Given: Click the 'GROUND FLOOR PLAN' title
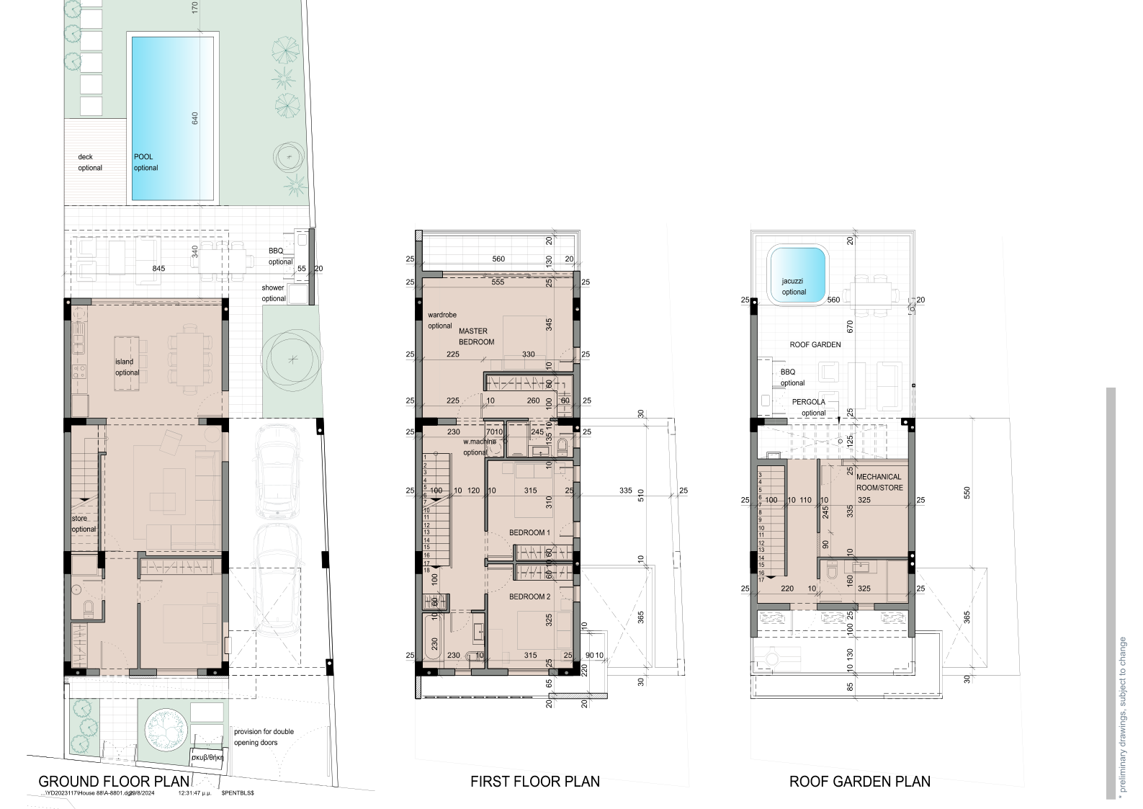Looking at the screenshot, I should click(x=114, y=781).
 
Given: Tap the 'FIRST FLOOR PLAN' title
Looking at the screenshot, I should click(x=534, y=781).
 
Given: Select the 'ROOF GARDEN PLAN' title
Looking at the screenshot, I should click(x=859, y=781).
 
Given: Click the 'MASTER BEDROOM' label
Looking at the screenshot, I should click(x=476, y=336).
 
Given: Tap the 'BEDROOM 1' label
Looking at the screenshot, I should click(x=529, y=532).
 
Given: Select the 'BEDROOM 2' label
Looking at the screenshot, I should click(x=529, y=596).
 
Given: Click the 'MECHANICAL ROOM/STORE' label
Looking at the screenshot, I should click(x=878, y=482).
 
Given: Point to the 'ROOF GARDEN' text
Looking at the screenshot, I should click(x=815, y=345).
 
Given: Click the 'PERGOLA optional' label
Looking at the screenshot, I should click(x=810, y=407).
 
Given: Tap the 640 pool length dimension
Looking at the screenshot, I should click(x=194, y=119).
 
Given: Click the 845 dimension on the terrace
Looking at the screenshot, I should click(x=158, y=269).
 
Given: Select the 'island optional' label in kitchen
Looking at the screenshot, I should click(x=127, y=367).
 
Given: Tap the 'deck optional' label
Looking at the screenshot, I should click(x=90, y=162).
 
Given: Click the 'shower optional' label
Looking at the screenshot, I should click(x=274, y=292).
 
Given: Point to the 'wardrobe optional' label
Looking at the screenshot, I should click(x=441, y=321).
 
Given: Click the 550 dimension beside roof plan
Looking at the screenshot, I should click(x=967, y=493).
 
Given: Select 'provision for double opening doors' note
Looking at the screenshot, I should click(x=264, y=736).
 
